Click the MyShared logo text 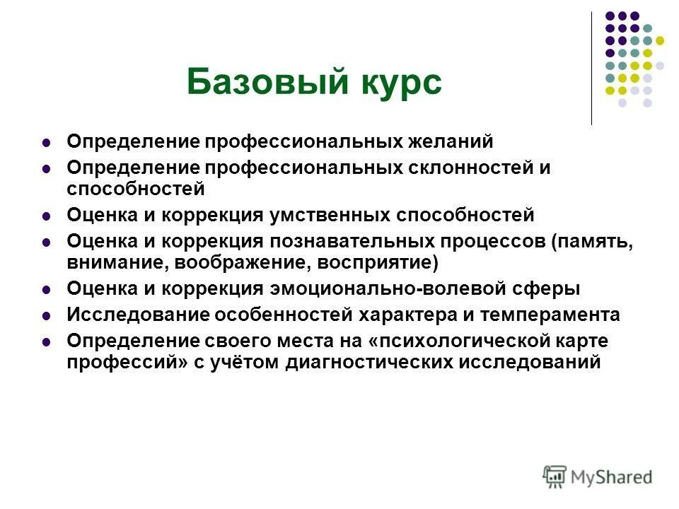coord(611,477)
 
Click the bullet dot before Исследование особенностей coord(47,315)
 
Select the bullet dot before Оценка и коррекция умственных coord(47,216)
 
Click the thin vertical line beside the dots coord(591,68)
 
